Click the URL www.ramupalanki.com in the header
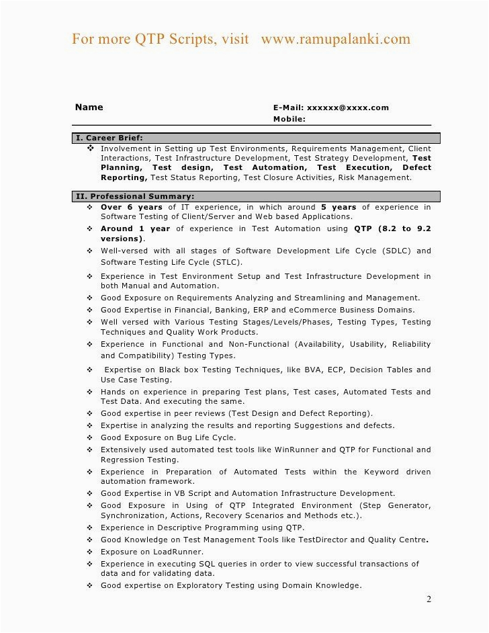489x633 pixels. pyautogui.click(x=335, y=39)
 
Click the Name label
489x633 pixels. pyautogui.click(x=89, y=107)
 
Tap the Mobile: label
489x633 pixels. pyautogui.click(x=289, y=119)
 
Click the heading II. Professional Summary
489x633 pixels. pyautogui.click(x=135, y=196)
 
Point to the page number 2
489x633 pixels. pyautogui.click(x=429, y=599)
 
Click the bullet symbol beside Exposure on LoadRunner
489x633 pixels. pyautogui.click(x=89, y=552)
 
